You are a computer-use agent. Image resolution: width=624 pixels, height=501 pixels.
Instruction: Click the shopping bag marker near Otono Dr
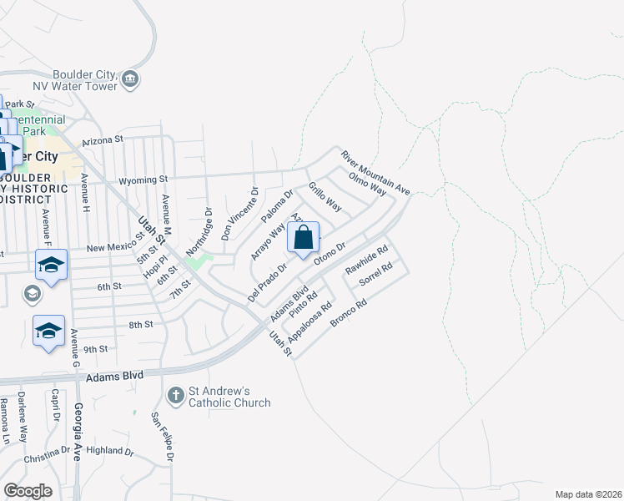(304, 237)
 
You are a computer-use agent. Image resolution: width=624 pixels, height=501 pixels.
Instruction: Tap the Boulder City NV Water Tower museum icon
(130, 79)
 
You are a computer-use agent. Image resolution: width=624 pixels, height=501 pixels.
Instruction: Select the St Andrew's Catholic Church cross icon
(175, 393)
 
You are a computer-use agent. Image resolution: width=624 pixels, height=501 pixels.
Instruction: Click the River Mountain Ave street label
(375, 173)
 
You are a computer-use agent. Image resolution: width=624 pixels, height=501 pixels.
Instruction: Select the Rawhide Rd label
(367, 261)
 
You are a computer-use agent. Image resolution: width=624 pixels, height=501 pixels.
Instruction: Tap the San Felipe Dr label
(164, 437)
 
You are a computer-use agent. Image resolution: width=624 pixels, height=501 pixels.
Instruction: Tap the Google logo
(28, 491)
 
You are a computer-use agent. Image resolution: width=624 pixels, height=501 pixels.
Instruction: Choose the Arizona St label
(102, 139)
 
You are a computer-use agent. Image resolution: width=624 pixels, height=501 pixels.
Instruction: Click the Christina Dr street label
(47, 454)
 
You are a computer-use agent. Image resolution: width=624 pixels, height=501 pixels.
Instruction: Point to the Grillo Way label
(325, 196)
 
